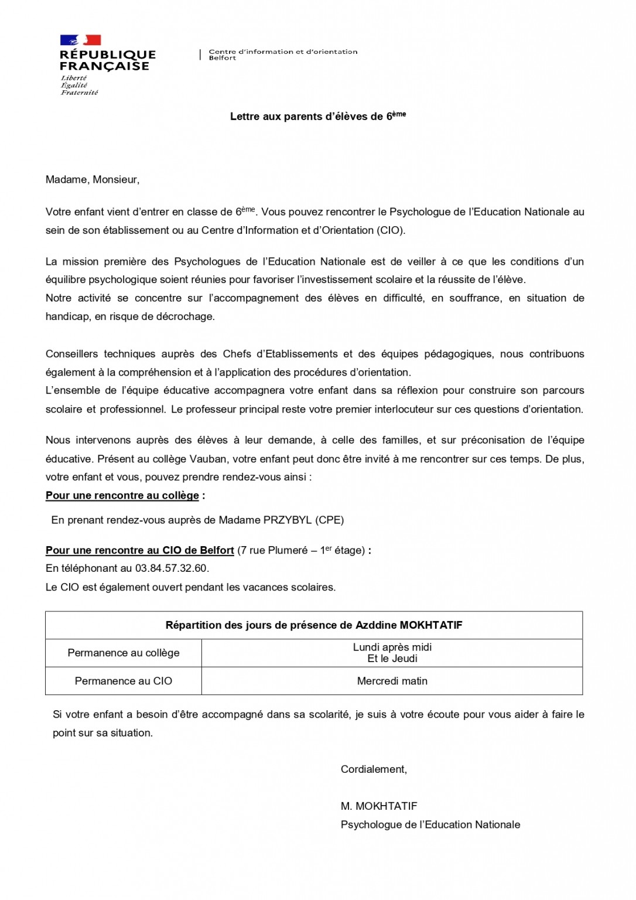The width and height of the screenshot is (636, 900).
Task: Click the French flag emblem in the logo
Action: [80, 40]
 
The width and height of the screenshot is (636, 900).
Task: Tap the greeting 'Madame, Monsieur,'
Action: [93, 180]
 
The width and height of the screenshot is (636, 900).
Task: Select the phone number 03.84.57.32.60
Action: [171, 568]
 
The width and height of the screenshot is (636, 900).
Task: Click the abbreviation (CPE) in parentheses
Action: [330, 520]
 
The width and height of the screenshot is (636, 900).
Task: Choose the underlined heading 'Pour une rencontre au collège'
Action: [122, 496]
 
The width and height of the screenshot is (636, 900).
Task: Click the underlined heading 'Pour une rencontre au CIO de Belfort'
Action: [140, 551]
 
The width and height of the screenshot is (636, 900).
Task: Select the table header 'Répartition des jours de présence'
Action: [314, 625]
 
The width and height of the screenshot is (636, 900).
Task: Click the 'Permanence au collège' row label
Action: [124, 653]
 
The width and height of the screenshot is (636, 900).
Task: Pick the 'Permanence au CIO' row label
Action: [124, 681]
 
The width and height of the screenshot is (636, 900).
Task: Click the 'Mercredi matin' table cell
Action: [392, 681]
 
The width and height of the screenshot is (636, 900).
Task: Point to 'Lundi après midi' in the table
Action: [392, 647]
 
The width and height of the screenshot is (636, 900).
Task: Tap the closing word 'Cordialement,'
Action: [374, 769]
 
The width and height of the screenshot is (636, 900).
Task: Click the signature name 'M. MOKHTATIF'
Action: [379, 806]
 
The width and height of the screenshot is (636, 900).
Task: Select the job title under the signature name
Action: [430, 825]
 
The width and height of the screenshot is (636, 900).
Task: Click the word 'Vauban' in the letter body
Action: [221, 459]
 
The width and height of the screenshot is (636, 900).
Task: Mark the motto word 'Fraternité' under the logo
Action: [80, 93]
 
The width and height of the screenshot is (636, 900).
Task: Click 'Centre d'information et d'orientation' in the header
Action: [283, 52]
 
